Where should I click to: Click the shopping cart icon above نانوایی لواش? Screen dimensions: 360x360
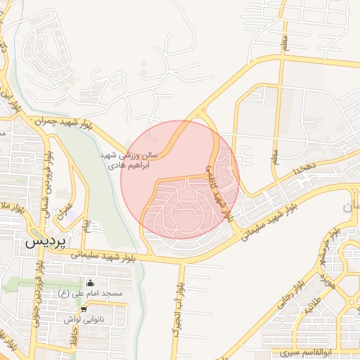coord(84,309)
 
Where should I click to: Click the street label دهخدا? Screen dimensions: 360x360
coord(308,166)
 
